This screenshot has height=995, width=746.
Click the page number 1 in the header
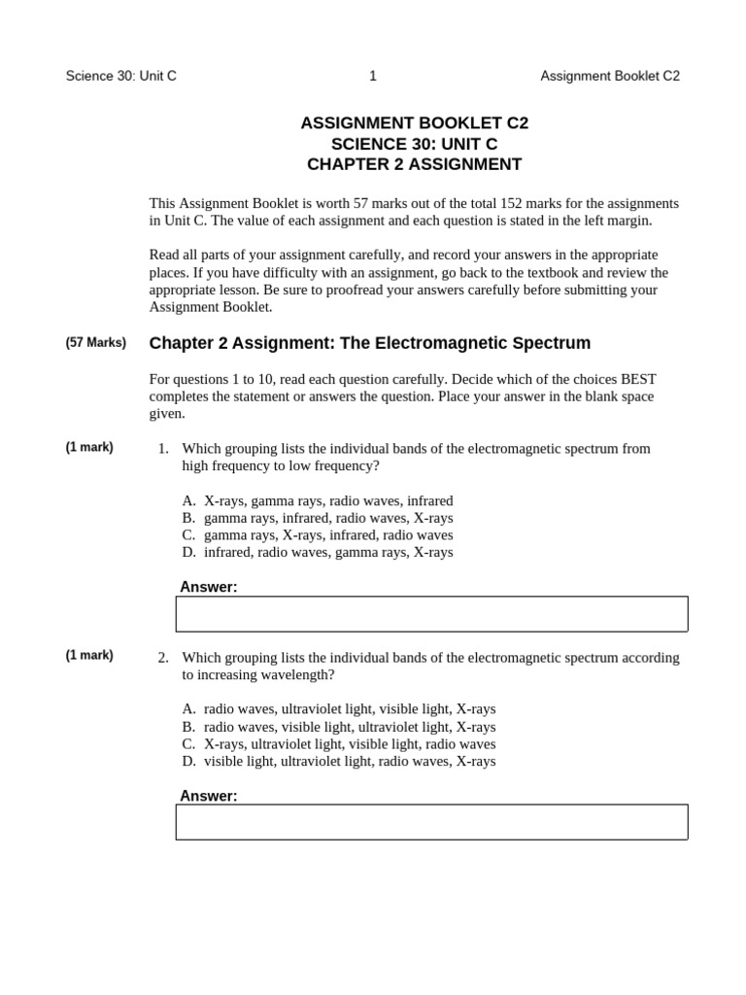click(373, 76)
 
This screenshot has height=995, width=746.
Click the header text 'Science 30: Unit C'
click(120, 76)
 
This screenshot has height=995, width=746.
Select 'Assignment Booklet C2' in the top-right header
click(609, 76)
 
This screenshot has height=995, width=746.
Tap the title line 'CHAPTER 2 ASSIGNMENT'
click(414, 164)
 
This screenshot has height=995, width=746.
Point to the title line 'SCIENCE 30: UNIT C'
click(414, 144)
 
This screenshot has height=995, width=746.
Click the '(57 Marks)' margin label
click(96, 343)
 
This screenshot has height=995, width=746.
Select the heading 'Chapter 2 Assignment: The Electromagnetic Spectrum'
click(369, 343)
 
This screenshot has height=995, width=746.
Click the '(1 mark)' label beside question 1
click(89, 447)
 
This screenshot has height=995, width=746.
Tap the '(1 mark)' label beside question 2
click(89, 655)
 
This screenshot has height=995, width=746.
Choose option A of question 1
click(317, 500)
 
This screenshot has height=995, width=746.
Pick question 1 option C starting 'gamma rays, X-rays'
click(317, 535)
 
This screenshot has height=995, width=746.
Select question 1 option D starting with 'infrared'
click(317, 552)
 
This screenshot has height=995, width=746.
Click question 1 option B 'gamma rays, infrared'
click(317, 518)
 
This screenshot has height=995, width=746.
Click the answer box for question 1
click(431, 614)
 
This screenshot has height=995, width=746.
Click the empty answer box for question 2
click(431, 822)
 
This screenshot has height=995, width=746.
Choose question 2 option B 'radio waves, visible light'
click(338, 727)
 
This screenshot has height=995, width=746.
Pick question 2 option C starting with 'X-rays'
click(338, 744)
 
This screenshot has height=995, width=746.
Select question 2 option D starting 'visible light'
click(338, 761)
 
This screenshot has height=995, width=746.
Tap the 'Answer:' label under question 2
click(208, 796)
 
